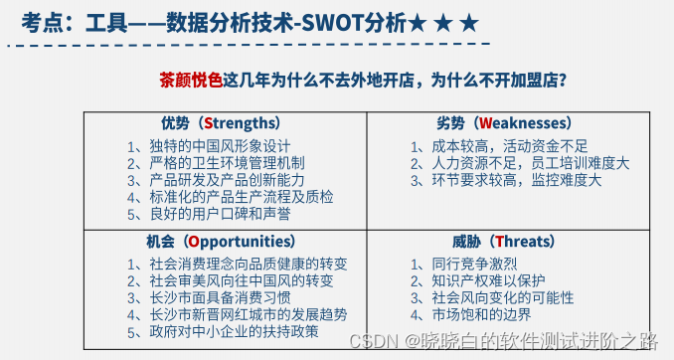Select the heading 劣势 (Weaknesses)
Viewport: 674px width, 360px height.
504,123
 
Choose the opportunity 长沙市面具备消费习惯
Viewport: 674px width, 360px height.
220,297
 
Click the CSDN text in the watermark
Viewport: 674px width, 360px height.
373,340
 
